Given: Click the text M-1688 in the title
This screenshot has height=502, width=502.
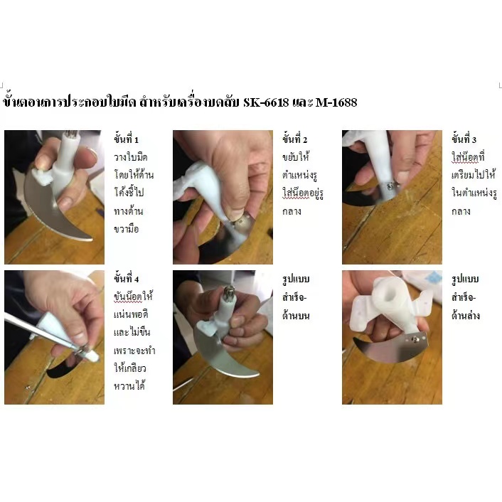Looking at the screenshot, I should pyautogui.click(x=333, y=102).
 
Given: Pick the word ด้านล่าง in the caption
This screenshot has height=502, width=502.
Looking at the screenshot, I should pyautogui.click(x=466, y=314).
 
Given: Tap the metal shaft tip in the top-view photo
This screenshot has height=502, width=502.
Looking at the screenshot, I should pyautogui.click(x=229, y=292).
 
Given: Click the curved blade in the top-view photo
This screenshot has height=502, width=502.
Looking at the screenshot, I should pyautogui.click(x=220, y=359).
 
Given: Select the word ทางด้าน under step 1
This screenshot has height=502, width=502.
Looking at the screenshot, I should pyautogui.click(x=129, y=212).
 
